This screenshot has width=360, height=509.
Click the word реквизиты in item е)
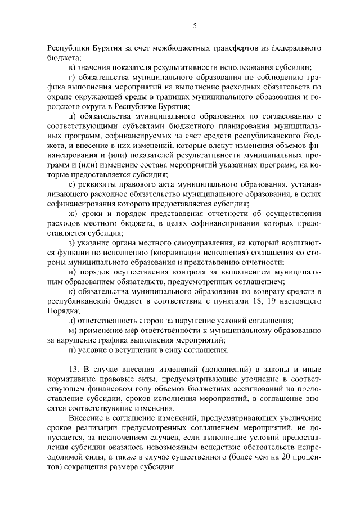coord(100,184)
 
